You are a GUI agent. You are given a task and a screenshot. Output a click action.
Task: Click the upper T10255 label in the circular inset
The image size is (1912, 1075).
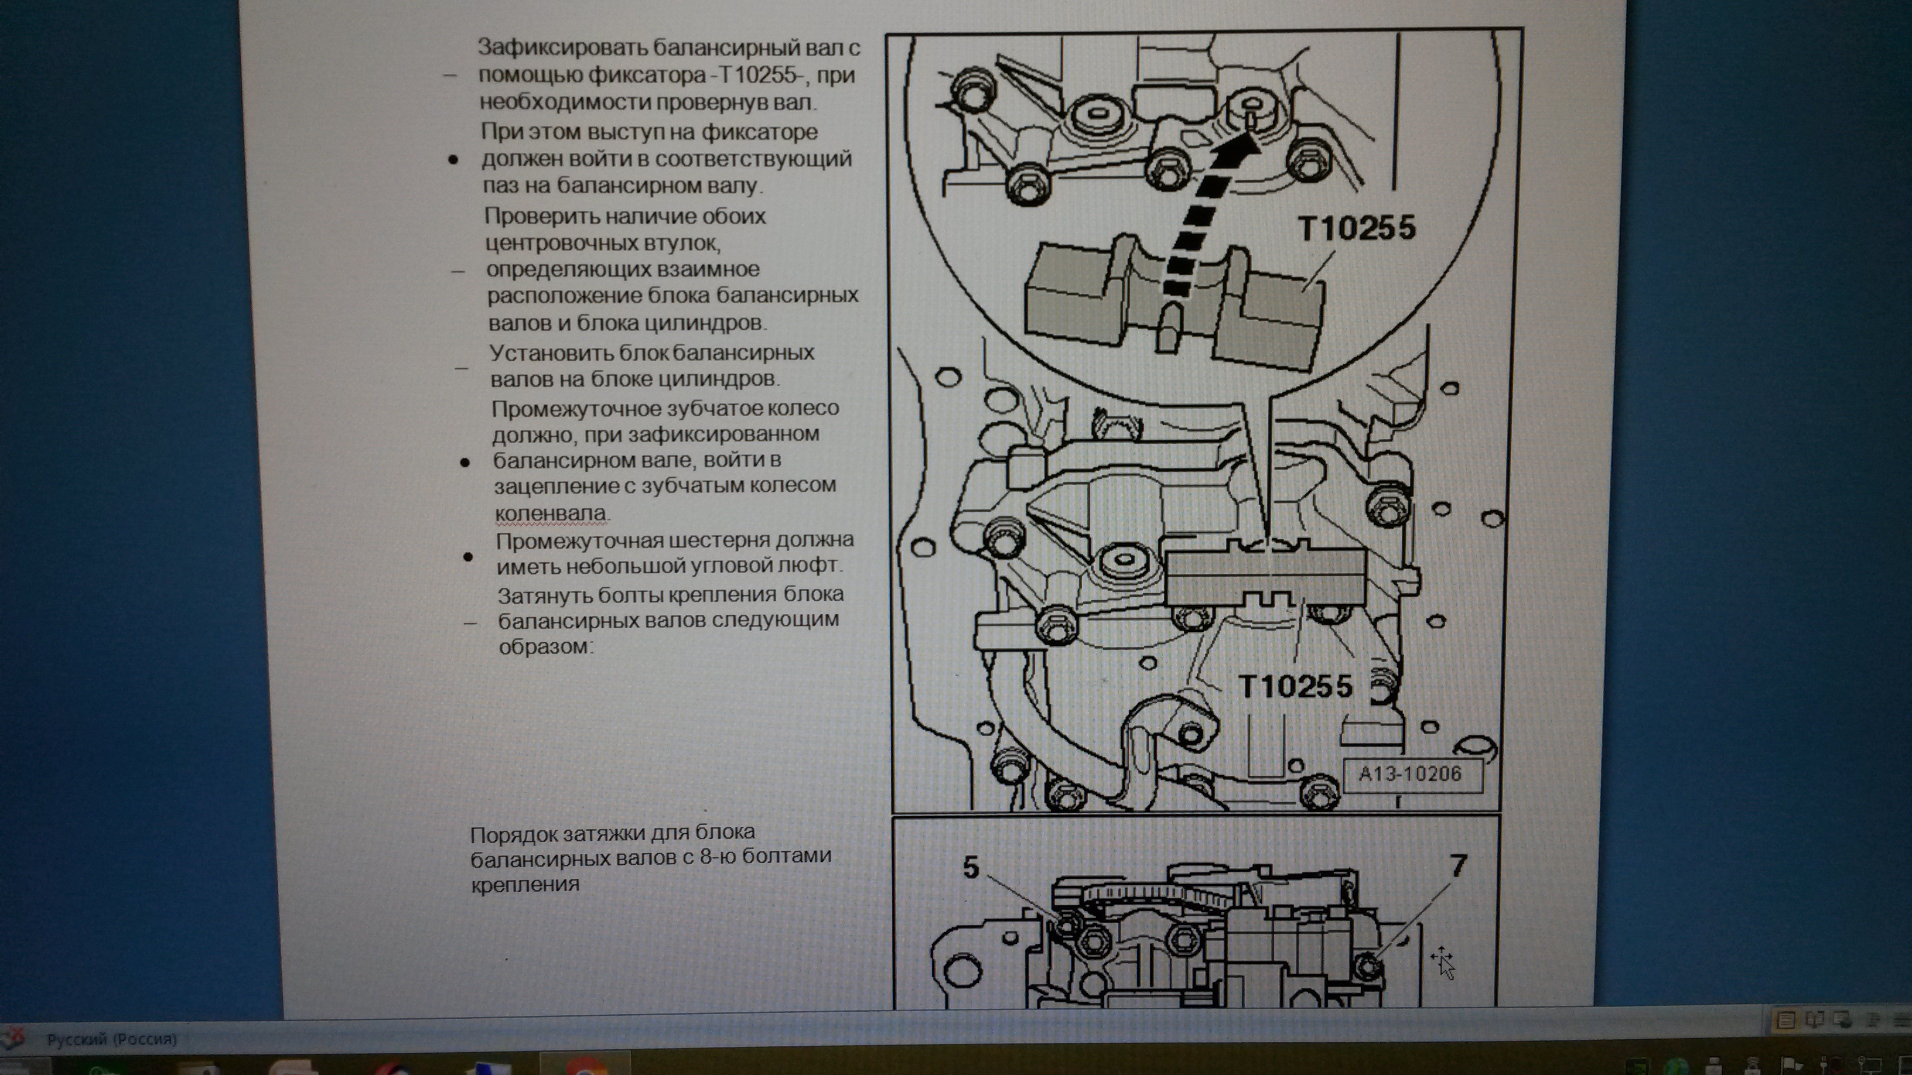(x=1356, y=228)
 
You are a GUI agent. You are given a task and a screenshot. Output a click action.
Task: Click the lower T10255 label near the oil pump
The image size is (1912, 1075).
(x=1295, y=686)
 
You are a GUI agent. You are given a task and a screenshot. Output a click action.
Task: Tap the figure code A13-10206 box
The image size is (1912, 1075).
(x=1409, y=775)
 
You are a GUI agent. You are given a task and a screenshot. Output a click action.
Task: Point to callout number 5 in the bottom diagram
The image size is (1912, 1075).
(x=971, y=867)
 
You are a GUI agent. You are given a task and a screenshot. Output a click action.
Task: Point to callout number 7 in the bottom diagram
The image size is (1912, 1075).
(x=1458, y=865)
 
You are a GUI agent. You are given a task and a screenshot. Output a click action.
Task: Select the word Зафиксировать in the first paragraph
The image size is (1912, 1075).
(x=562, y=47)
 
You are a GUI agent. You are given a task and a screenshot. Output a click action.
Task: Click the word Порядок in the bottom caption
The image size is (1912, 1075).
(x=514, y=834)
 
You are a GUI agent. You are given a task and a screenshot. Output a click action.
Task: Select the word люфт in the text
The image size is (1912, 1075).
(x=806, y=566)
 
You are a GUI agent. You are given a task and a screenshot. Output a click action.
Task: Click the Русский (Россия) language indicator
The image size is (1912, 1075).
(x=111, y=1039)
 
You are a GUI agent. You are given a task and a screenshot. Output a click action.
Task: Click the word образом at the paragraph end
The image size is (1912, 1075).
(x=544, y=647)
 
